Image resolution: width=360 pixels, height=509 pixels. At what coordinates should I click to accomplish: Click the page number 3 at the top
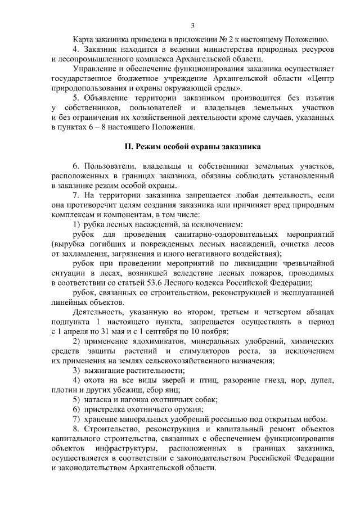click(192, 25)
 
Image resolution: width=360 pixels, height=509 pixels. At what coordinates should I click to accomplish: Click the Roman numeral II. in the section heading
click(129, 147)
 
